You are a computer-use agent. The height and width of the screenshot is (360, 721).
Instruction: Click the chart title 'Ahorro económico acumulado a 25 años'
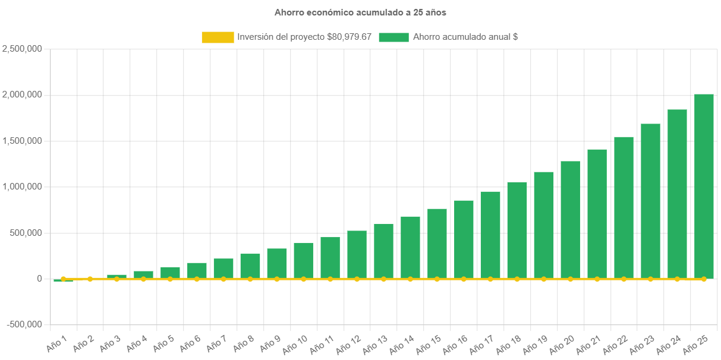point(360,12)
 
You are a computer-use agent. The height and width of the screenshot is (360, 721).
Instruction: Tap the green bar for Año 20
point(570,219)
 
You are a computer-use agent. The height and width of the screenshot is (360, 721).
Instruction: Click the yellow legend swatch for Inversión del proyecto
point(218,37)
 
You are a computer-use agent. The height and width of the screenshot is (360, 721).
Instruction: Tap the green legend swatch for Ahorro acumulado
point(393,37)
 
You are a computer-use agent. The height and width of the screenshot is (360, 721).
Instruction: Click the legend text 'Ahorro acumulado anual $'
point(465,37)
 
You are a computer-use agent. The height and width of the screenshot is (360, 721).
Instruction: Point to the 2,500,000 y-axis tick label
point(22,49)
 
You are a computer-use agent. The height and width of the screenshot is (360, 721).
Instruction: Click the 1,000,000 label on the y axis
point(22,187)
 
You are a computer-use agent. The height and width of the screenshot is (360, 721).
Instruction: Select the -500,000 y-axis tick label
point(24,324)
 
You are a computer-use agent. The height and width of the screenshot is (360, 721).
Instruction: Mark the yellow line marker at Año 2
point(90,279)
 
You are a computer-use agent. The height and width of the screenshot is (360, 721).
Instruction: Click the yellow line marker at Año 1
point(63,279)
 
